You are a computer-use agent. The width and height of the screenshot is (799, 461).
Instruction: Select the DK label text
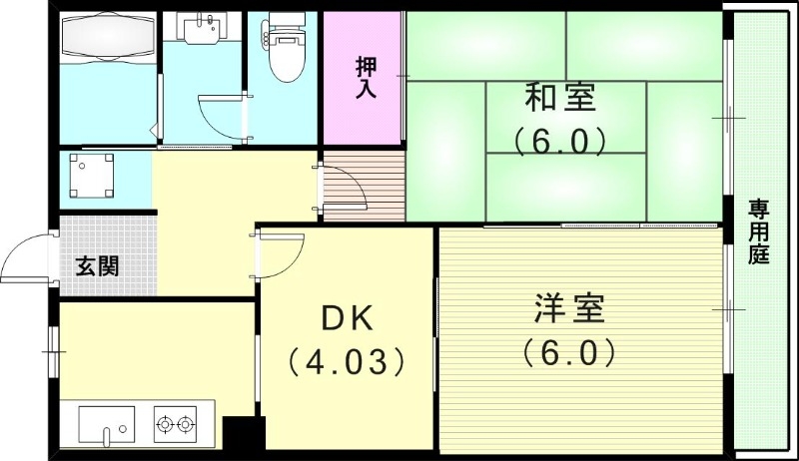(346, 318)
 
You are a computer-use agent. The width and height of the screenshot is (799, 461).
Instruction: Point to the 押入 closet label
(365, 78)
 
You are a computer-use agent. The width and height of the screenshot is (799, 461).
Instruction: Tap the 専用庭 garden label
(760, 231)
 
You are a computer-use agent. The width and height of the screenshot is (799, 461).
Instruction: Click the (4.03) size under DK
(346, 359)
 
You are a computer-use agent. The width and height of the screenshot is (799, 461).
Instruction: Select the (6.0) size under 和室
(560, 141)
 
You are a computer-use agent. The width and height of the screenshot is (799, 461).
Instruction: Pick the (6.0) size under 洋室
(566, 352)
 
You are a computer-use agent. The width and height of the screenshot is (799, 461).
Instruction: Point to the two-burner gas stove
(175, 424)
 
